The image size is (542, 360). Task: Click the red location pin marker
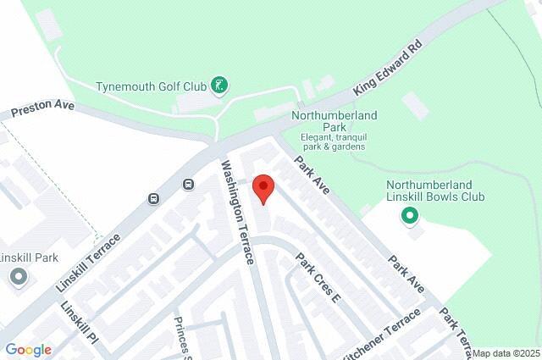pos(263,189)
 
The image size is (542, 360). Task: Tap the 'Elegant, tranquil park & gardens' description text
pos(333,141)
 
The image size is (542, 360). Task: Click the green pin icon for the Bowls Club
pos(411,216)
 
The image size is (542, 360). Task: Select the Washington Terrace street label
pos(238,212)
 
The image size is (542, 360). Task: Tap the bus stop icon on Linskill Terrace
pos(153,199)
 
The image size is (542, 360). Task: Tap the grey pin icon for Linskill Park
pos(18,277)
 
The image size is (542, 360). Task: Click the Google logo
pos(28,350)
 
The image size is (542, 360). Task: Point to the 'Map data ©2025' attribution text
pos(506,353)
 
